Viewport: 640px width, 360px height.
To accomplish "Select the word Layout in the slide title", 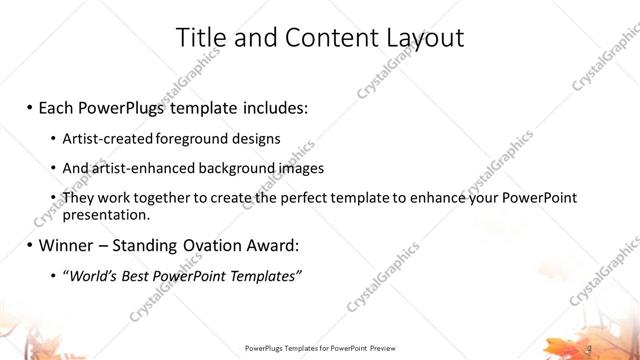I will [x=424, y=38].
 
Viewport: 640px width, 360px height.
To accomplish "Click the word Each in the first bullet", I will [x=56, y=105].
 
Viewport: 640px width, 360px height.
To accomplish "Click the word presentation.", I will [x=106, y=214].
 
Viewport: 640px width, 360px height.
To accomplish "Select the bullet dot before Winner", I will [x=29, y=246].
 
